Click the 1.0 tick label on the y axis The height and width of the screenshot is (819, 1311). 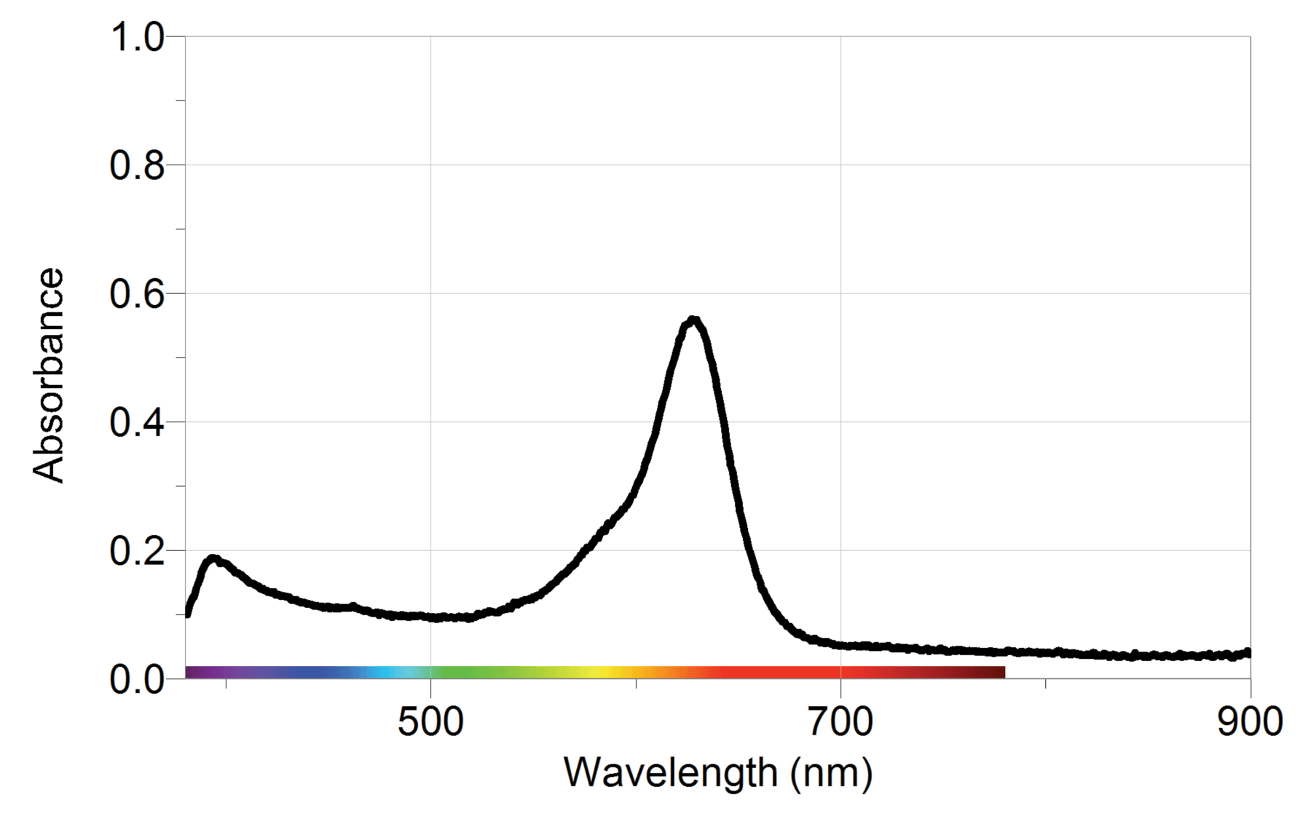coord(137,37)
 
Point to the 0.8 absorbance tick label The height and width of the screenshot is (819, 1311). coord(137,165)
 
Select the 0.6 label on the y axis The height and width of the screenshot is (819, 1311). coord(137,294)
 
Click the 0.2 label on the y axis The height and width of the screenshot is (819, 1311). coord(137,551)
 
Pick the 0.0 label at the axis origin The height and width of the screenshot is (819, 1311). coord(137,679)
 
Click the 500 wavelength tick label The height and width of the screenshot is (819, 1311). coord(430,722)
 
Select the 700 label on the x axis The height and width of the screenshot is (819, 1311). coord(840,722)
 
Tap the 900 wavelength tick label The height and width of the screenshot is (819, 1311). coord(1250,722)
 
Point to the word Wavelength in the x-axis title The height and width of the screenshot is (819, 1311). coord(671,773)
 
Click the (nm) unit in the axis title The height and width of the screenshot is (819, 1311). coord(831,773)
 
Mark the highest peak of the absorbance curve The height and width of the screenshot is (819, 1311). coord(693,320)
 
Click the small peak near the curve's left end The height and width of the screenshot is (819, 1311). coord(213,559)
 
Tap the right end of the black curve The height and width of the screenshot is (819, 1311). coord(1248,653)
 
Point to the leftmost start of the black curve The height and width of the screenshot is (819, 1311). coord(188,613)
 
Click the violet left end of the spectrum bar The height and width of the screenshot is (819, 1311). coord(191,672)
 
